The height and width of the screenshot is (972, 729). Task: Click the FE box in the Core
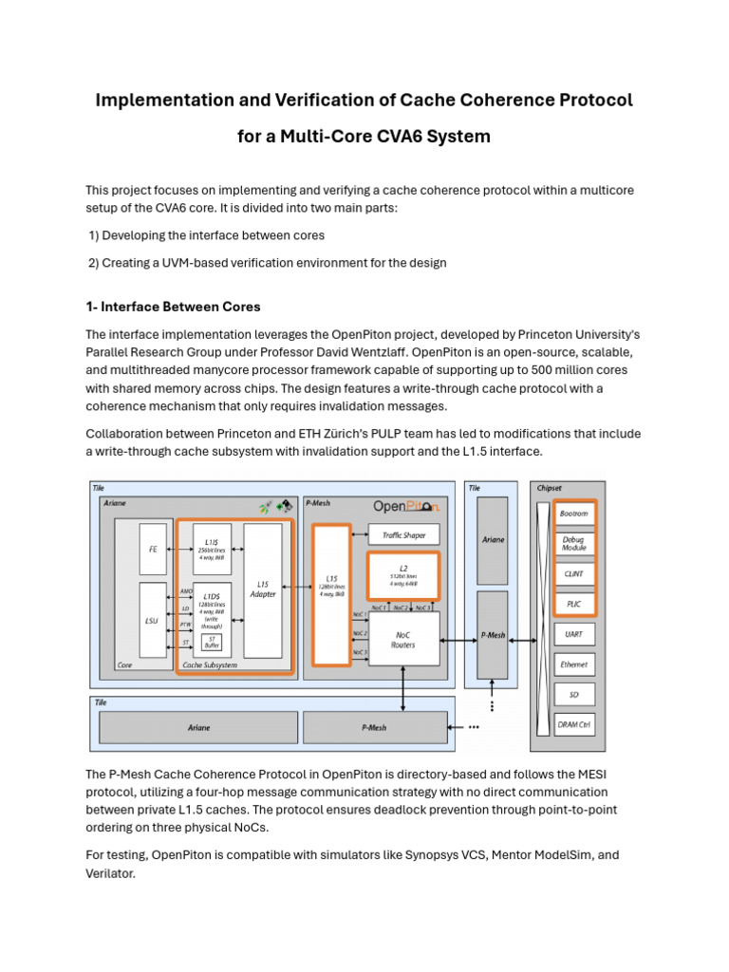coord(152,549)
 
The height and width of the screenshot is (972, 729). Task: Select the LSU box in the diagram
coord(152,620)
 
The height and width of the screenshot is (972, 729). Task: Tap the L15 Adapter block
coord(263,590)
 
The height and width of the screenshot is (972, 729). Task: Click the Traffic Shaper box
coord(403,535)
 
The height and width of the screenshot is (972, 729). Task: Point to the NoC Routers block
coord(403,639)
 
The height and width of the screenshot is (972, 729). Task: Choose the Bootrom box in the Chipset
coord(574,513)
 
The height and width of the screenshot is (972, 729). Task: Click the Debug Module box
coord(574,543)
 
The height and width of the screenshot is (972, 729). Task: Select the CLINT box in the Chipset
coord(574,572)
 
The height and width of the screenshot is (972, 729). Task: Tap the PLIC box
coord(574,603)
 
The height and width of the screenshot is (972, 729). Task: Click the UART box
coord(574,633)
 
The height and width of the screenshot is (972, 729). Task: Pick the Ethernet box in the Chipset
coord(574,664)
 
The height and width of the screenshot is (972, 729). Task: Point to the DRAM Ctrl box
coord(574,726)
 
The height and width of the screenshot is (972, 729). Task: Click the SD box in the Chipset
coord(574,695)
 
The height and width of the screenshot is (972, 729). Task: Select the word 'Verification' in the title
coord(319,100)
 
